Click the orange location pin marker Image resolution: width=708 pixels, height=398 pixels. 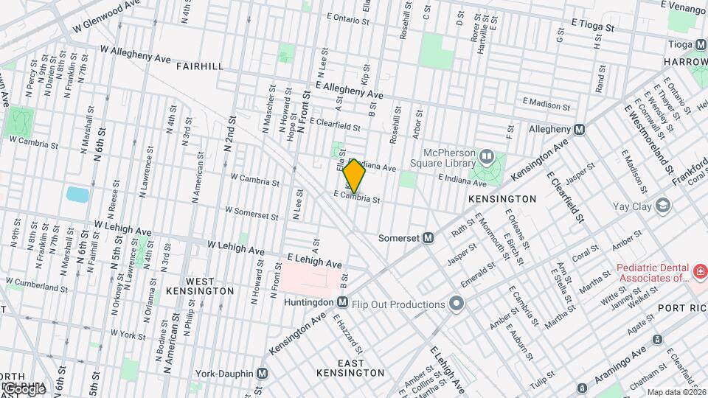click(354, 176)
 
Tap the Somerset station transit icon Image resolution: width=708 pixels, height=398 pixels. click(428, 237)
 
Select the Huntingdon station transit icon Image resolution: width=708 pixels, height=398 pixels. click(342, 301)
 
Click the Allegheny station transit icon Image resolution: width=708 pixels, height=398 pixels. click(579, 129)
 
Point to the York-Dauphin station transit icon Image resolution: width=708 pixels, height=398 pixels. click(262, 374)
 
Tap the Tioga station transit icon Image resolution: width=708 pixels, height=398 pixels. click(697, 43)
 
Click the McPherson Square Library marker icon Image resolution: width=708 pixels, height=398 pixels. click(486, 156)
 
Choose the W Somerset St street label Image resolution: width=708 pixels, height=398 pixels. click(251, 213)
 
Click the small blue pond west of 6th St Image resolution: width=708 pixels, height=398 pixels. click(77, 195)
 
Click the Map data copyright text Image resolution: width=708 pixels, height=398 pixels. click(673, 391)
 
